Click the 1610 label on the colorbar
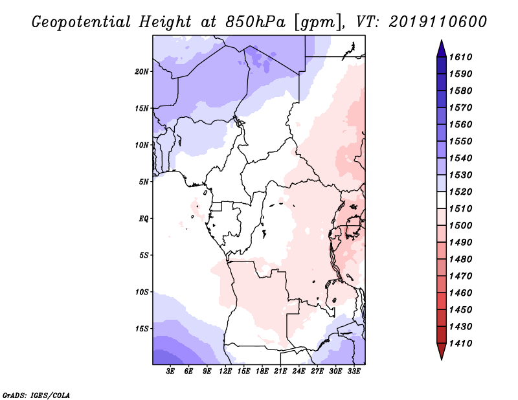point(461,57)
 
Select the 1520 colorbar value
point(461,192)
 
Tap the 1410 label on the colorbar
point(461,344)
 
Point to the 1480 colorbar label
point(461,260)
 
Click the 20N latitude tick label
point(142,72)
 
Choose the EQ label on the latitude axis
point(144,219)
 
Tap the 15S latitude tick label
point(142,329)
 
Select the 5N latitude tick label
point(144,182)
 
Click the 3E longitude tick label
point(170,372)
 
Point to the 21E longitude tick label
point(280,372)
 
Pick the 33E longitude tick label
point(354,372)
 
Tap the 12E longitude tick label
point(225,372)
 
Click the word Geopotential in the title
point(82,23)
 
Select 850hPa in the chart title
point(255,22)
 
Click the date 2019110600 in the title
point(438,22)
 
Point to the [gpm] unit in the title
point(317,23)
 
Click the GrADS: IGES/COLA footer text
point(36,395)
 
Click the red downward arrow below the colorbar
point(442,350)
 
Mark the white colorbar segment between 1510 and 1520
point(442,200)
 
